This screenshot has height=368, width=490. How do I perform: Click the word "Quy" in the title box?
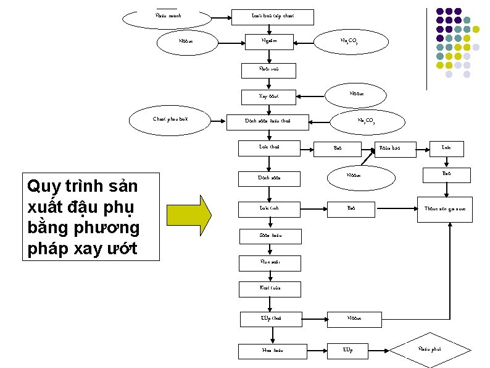(41, 187)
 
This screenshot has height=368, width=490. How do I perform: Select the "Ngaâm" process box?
(269, 42)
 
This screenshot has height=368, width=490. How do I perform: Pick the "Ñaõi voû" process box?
(269, 69)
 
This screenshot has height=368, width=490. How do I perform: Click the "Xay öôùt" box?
(269, 96)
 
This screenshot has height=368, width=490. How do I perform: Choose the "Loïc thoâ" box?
(269, 147)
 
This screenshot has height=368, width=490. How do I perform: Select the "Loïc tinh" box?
(269, 208)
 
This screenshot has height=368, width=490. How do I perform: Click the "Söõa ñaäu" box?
(269, 236)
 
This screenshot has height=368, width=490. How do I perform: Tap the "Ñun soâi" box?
(269, 262)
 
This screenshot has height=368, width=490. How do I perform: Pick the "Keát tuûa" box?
(269, 289)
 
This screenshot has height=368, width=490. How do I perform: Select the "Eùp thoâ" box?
(269, 319)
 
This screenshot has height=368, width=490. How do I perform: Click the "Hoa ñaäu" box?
(269, 350)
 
